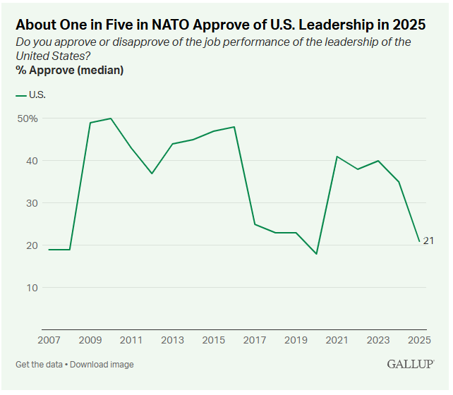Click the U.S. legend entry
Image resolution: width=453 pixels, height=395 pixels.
[32, 95]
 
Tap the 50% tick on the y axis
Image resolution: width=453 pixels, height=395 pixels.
[28, 119]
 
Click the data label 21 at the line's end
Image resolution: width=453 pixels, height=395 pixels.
[428, 241]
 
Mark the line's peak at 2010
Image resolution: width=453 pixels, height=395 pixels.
[111, 119]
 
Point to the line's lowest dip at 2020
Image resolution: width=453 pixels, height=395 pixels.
[316, 254]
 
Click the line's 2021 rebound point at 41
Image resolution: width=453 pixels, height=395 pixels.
[337, 157]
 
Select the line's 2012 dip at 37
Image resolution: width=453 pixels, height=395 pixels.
[152, 174]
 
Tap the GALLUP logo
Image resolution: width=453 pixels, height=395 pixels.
[411, 364]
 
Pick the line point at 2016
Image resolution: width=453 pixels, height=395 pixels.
[234, 127]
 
